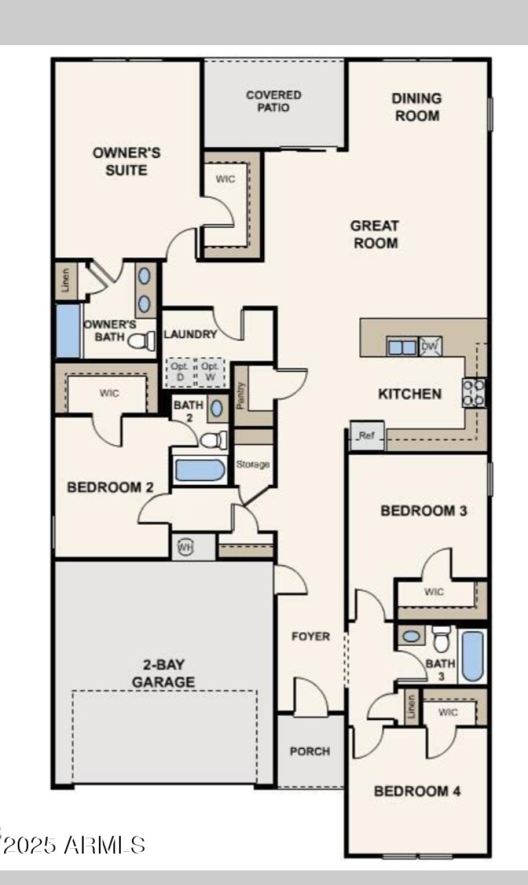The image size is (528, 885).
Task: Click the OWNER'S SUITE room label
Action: tap(126, 161)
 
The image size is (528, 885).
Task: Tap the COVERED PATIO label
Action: tap(273, 101)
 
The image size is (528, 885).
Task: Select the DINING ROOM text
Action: tap(416, 107)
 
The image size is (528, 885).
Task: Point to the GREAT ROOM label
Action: tap(375, 234)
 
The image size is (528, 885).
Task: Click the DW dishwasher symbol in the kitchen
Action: tap(430, 346)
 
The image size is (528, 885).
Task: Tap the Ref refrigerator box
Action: tap(367, 436)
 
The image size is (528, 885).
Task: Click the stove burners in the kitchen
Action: tap(474, 392)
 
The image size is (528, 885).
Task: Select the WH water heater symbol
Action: tap(185, 547)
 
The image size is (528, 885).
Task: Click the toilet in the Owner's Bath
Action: tap(141, 341)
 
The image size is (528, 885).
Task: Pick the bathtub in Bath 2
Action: tap(200, 470)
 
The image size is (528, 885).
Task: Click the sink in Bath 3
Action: tap(412, 637)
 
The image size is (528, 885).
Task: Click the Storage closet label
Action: tap(253, 465)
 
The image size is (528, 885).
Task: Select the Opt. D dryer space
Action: tap(180, 371)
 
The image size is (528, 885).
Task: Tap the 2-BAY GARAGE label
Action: tap(164, 672)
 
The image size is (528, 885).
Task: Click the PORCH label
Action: tap(310, 751)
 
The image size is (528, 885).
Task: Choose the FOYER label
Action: tap(311, 637)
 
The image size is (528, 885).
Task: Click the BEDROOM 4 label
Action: tap(416, 791)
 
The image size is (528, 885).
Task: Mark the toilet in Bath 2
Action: tap(214, 440)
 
